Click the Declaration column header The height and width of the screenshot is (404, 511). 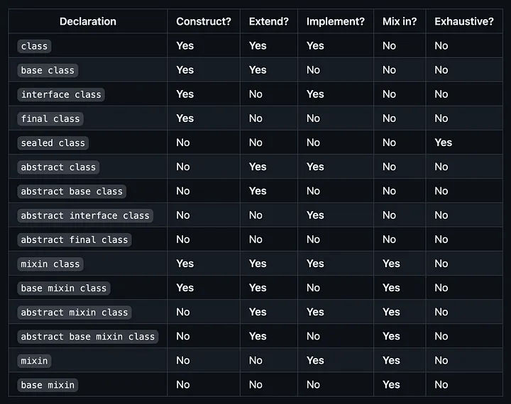(88, 21)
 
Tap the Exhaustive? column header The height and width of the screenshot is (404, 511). (463, 21)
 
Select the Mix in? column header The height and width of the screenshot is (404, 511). (400, 21)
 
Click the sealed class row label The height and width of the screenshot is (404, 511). (53, 143)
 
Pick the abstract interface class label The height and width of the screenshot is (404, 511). (85, 215)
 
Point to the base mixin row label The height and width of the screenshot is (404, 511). (48, 385)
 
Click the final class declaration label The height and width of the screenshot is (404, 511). (50, 118)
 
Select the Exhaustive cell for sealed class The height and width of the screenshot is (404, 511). (443, 142)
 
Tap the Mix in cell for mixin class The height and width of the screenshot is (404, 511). (391, 264)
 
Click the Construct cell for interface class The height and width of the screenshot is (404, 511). (185, 94)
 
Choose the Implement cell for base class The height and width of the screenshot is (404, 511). (313, 70)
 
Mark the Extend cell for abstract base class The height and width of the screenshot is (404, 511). (258, 191)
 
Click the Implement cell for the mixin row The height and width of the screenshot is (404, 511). (315, 360)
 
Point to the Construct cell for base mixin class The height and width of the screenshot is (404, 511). (185, 288)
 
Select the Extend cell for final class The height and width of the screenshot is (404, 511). (255, 118)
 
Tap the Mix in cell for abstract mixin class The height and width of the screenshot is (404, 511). (391, 312)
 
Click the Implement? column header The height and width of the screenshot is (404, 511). (335, 21)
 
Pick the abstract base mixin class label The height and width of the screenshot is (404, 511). (88, 337)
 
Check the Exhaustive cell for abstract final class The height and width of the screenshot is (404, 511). (441, 240)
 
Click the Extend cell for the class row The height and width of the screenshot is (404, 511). (258, 46)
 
